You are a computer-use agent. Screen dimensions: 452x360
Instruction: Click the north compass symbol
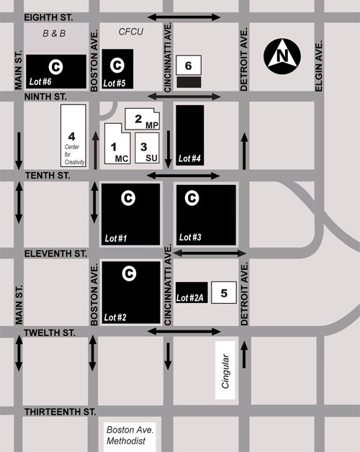282,55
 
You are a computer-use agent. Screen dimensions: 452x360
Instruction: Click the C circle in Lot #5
117,65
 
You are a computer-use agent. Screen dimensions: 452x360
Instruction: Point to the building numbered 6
189,65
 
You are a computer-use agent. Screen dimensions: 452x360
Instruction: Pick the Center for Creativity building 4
72,137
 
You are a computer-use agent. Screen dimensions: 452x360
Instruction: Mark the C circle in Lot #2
130,273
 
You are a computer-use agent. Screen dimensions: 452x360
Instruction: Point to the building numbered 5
224,292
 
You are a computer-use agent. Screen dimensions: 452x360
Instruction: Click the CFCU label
131,32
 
